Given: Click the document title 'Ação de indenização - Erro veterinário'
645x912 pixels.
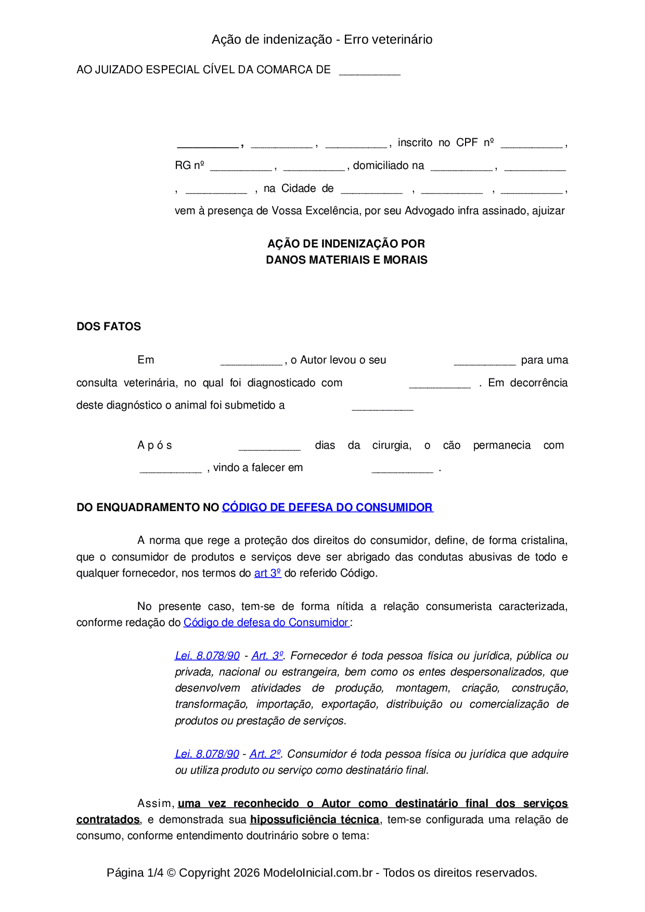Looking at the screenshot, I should [322, 40].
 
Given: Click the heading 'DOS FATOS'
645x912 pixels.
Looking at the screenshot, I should [109, 327].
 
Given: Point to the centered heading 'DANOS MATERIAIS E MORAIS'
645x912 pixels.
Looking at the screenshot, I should [346, 260].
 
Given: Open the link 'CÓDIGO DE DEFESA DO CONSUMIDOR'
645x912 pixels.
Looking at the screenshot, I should [327, 507].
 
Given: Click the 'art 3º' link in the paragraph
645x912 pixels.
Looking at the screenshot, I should [267, 573].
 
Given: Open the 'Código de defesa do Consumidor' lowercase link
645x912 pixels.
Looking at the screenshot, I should [266, 622].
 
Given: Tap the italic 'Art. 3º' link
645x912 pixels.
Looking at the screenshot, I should [267, 656].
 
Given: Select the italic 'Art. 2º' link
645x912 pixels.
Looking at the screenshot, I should [265, 754].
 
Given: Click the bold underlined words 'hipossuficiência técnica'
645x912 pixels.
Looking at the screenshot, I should [315, 819].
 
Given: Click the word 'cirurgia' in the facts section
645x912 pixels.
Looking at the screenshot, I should [391, 445].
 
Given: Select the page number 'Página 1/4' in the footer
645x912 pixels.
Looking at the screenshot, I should [135, 872].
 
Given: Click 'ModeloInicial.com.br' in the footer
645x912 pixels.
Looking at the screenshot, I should [318, 872].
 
